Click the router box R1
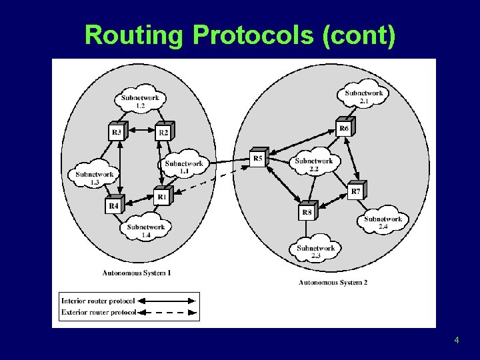[161, 197]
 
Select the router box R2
[163, 132]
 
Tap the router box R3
[117, 132]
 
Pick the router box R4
[114, 206]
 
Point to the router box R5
[258, 158]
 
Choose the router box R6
[344, 127]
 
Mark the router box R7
[356, 191]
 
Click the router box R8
[307, 212]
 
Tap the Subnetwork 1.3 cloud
[94, 176]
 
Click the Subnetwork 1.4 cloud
[145, 229]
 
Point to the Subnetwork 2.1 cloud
[363, 96]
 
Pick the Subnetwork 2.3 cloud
[315, 251]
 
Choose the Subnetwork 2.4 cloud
[383, 221]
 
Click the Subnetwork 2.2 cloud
[313, 163]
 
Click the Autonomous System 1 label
[137, 273]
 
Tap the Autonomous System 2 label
[333, 283]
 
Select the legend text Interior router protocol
[97, 301]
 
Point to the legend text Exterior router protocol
[98, 312]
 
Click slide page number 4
[456, 341]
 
